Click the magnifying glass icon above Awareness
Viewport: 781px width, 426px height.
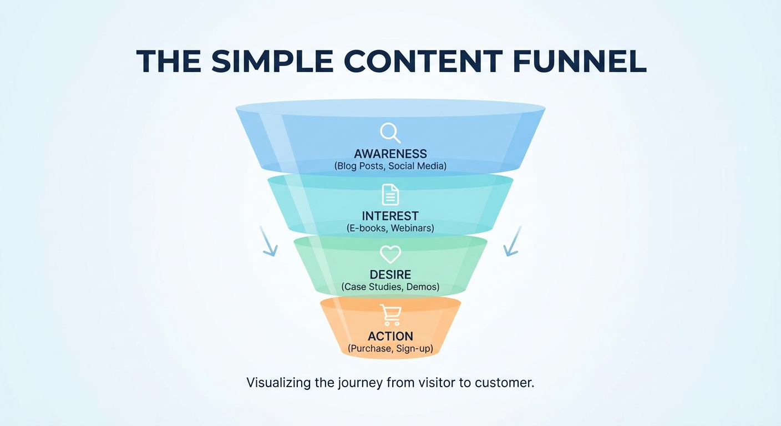[x=390, y=133]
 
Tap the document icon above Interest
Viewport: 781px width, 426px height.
[x=390, y=195]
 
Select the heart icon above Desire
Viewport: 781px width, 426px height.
[x=390, y=255]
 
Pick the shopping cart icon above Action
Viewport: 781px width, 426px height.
[x=390, y=315]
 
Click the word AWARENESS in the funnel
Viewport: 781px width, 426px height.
[x=390, y=154]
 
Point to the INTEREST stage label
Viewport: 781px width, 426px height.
[x=390, y=216]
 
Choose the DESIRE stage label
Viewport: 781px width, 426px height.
[x=390, y=275]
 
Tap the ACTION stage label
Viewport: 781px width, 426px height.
[x=390, y=336]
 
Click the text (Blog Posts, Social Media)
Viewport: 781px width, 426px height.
[x=390, y=166]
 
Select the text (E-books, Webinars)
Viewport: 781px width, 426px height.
[x=390, y=228]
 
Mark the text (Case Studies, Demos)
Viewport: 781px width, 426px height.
[x=390, y=287]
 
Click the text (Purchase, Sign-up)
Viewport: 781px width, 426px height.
[x=390, y=349]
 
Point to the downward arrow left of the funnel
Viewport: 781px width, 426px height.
[x=268, y=242]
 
